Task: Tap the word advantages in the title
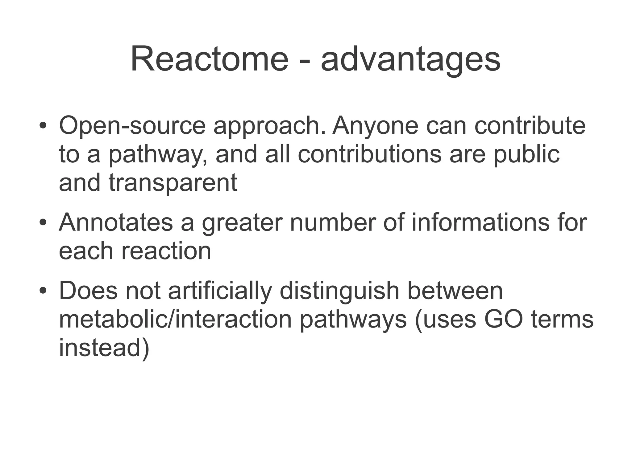[410, 60]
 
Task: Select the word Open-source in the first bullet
[132, 126]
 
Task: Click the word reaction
[166, 251]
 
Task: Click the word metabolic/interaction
[175, 320]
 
